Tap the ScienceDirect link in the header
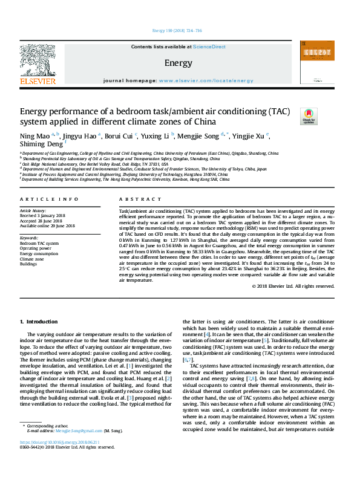coord(209,47)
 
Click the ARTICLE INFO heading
coord(49,199)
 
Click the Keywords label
coord(29,238)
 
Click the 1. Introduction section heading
coord(39,322)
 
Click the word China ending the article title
coord(201,122)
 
